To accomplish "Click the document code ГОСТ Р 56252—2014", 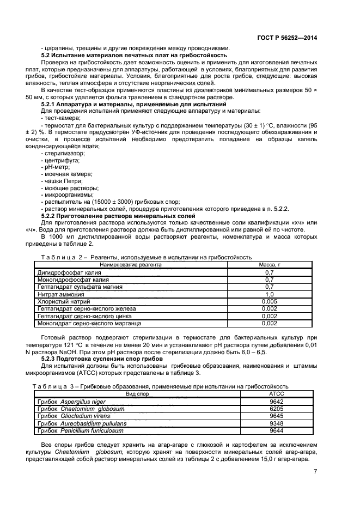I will (x=287, y=38).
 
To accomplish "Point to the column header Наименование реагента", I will (x=130, y=265).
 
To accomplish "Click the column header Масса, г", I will (x=269, y=265).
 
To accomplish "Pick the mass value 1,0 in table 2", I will (x=269, y=294).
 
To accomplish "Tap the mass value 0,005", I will (x=269, y=301).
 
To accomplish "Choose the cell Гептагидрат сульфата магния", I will (x=80, y=287).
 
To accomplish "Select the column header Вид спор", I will (x=137, y=393).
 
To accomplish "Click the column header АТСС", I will (x=277, y=393).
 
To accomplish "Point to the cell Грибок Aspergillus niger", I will (x=71, y=402).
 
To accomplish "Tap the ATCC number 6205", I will (x=277, y=409).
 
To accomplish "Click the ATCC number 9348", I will (x=277, y=423).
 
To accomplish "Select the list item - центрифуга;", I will (x=60, y=161).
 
